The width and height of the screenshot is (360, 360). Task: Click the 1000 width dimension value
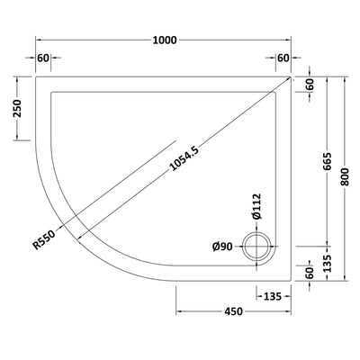pos(165,40)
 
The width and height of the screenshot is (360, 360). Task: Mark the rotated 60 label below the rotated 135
pos(310,274)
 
